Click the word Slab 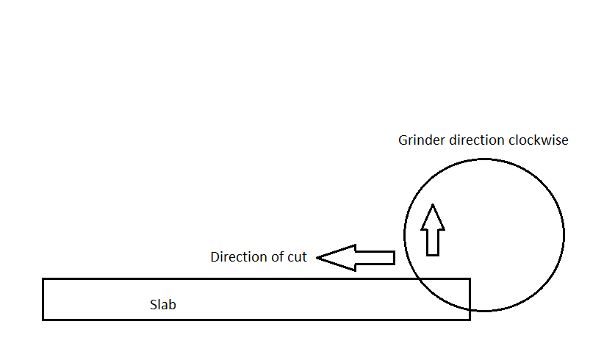click(x=163, y=305)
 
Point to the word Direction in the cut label click(x=237, y=257)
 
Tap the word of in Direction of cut click(x=275, y=257)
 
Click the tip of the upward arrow click(x=433, y=205)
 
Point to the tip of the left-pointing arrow click(x=318, y=257)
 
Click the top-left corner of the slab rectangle click(x=43, y=279)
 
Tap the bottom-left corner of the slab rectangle click(x=43, y=319)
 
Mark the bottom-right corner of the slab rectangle click(x=469, y=319)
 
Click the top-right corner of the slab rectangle click(x=469, y=279)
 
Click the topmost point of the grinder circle click(x=484, y=159)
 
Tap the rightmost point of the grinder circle click(x=564, y=234)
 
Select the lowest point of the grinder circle click(x=484, y=310)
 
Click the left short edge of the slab click(x=43, y=299)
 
